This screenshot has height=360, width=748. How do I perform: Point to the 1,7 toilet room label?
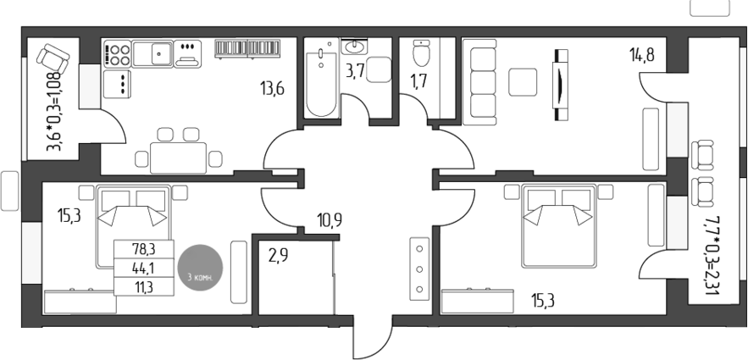point(419,82)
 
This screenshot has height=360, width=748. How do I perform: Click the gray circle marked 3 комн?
point(203,269)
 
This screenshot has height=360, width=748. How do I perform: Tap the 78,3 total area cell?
point(143,249)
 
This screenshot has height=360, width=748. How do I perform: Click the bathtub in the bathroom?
point(321,81)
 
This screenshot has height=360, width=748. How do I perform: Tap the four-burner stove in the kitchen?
point(116,55)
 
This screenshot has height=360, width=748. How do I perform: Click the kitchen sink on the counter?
point(162,54)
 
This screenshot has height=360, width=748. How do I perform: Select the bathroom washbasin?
point(354,46)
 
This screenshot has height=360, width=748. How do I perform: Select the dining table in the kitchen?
point(177,156)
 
